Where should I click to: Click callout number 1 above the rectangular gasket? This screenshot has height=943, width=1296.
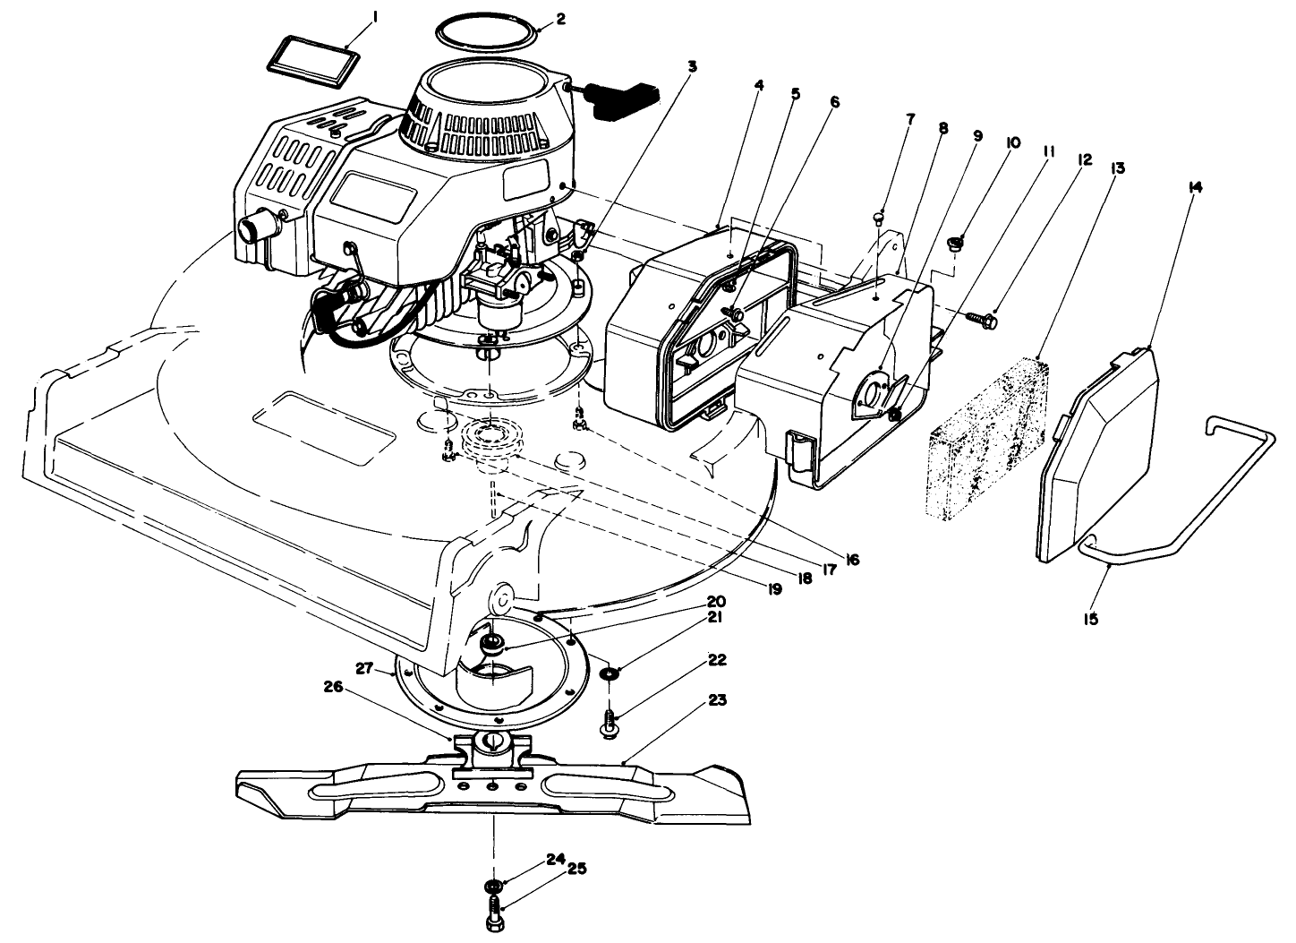(374, 16)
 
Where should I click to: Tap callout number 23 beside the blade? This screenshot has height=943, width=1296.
(718, 700)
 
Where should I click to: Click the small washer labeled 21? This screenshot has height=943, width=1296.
(610, 673)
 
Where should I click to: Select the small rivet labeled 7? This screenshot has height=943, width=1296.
(880, 216)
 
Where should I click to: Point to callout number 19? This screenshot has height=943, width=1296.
(772, 588)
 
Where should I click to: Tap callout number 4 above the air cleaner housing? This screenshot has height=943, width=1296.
(759, 86)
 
